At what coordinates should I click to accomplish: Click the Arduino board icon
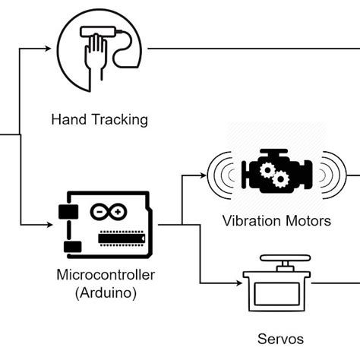102,224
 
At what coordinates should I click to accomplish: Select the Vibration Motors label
276,222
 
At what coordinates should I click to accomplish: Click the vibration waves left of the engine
223,175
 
